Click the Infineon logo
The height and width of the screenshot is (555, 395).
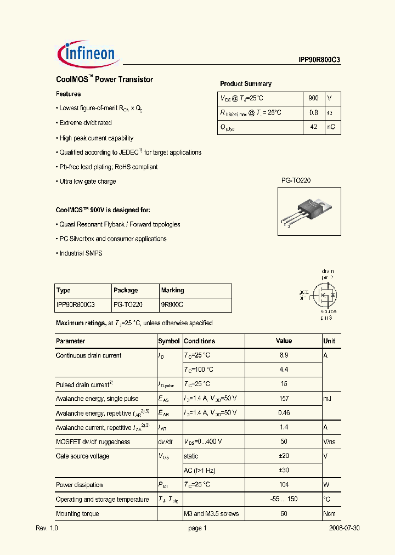click(86, 53)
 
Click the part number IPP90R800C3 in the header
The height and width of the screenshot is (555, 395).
click(316, 61)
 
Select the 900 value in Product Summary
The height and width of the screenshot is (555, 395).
click(313, 98)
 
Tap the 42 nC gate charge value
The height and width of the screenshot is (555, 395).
click(313, 127)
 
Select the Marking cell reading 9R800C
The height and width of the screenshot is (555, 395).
click(172, 304)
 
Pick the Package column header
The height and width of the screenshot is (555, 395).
click(126, 290)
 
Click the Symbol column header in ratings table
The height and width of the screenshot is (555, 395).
click(169, 341)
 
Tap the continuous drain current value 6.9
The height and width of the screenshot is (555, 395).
click(284, 355)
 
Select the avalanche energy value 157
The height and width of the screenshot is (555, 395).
click(284, 399)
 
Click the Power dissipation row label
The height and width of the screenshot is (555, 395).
click(79, 485)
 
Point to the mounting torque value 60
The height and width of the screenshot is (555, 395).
click(284, 514)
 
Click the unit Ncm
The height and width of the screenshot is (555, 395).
click(329, 514)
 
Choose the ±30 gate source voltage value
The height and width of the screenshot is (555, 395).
click(284, 471)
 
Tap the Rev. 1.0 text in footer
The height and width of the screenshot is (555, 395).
click(47, 528)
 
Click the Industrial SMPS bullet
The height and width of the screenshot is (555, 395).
click(81, 253)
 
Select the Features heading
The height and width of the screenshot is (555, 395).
click(69, 94)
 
